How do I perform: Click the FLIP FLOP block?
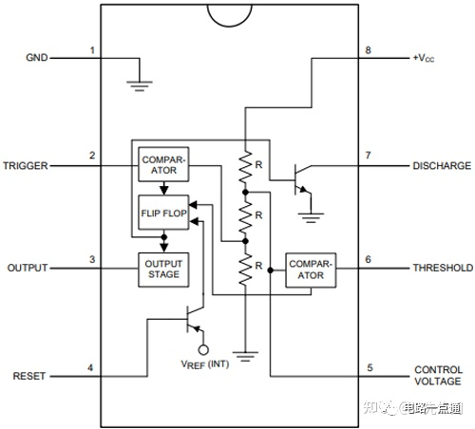click(163, 213)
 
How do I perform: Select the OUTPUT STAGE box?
click(163, 270)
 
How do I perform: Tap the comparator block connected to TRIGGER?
click(163, 164)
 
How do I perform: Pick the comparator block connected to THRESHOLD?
click(311, 270)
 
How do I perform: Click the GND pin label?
click(37, 58)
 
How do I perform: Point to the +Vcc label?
click(424, 58)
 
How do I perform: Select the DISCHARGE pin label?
click(442, 166)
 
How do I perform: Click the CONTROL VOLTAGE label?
click(438, 375)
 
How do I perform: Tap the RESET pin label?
click(29, 376)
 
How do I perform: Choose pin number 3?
click(92, 259)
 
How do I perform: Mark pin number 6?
click(368, 259)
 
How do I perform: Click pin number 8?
click(368, 50)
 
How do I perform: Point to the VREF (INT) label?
click(205, 364)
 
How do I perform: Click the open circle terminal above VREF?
click(203, 350)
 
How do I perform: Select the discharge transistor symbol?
click(302, 179)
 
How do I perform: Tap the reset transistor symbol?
click(195, 320)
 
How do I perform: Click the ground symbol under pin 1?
click(140, 86)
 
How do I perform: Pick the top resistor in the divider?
click(245, 167)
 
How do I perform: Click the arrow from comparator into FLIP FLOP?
click(163, 188)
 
